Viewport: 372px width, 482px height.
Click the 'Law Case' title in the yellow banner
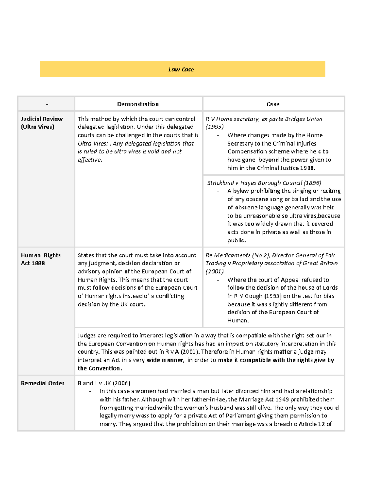tap(181, 70)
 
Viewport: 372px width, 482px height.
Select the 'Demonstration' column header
tap(138, 104)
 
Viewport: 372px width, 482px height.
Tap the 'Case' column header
tap(273, 104)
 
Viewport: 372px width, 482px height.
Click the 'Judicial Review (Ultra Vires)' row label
tap(42, 123)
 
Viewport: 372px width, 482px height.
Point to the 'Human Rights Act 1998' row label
tap(41, 259)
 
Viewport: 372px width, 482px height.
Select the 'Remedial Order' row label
tap(42, 383)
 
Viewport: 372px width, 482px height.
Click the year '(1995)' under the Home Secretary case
tap(215, 127)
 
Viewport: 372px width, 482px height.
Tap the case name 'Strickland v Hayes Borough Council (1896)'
tap(264, 183)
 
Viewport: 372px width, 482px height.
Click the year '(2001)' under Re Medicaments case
tap(215, 272)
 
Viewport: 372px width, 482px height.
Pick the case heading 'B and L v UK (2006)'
tap(104, 383)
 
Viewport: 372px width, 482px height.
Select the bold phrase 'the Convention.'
tap(100, 368)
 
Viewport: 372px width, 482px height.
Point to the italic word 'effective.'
tap(90, 160)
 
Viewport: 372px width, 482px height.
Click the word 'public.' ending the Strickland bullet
tap(237, 241)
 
